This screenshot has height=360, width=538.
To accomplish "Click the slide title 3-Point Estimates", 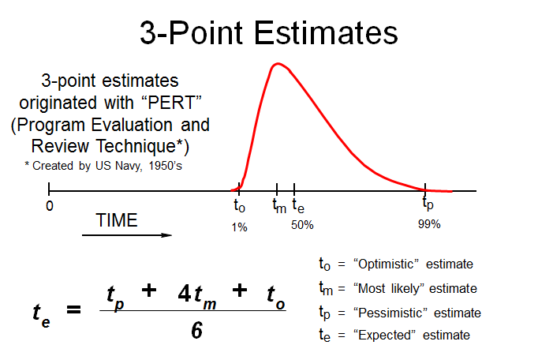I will coord(269,33).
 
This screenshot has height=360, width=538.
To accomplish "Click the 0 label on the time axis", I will coord(49,206).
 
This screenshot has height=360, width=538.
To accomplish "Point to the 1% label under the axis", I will coord(240,227).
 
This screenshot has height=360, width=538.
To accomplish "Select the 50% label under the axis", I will coord(302,225).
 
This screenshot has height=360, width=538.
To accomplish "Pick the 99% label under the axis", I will coord(429,224).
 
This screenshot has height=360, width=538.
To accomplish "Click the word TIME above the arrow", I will coord(116,221).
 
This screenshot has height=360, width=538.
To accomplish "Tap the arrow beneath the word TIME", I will coord(126,234).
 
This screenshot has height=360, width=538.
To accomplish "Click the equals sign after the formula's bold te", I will coord(73,310).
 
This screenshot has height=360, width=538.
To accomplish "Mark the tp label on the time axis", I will coord(428,205).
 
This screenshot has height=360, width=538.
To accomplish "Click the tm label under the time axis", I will coord(279,206).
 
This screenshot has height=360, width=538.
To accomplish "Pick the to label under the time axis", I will coord(240,206).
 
